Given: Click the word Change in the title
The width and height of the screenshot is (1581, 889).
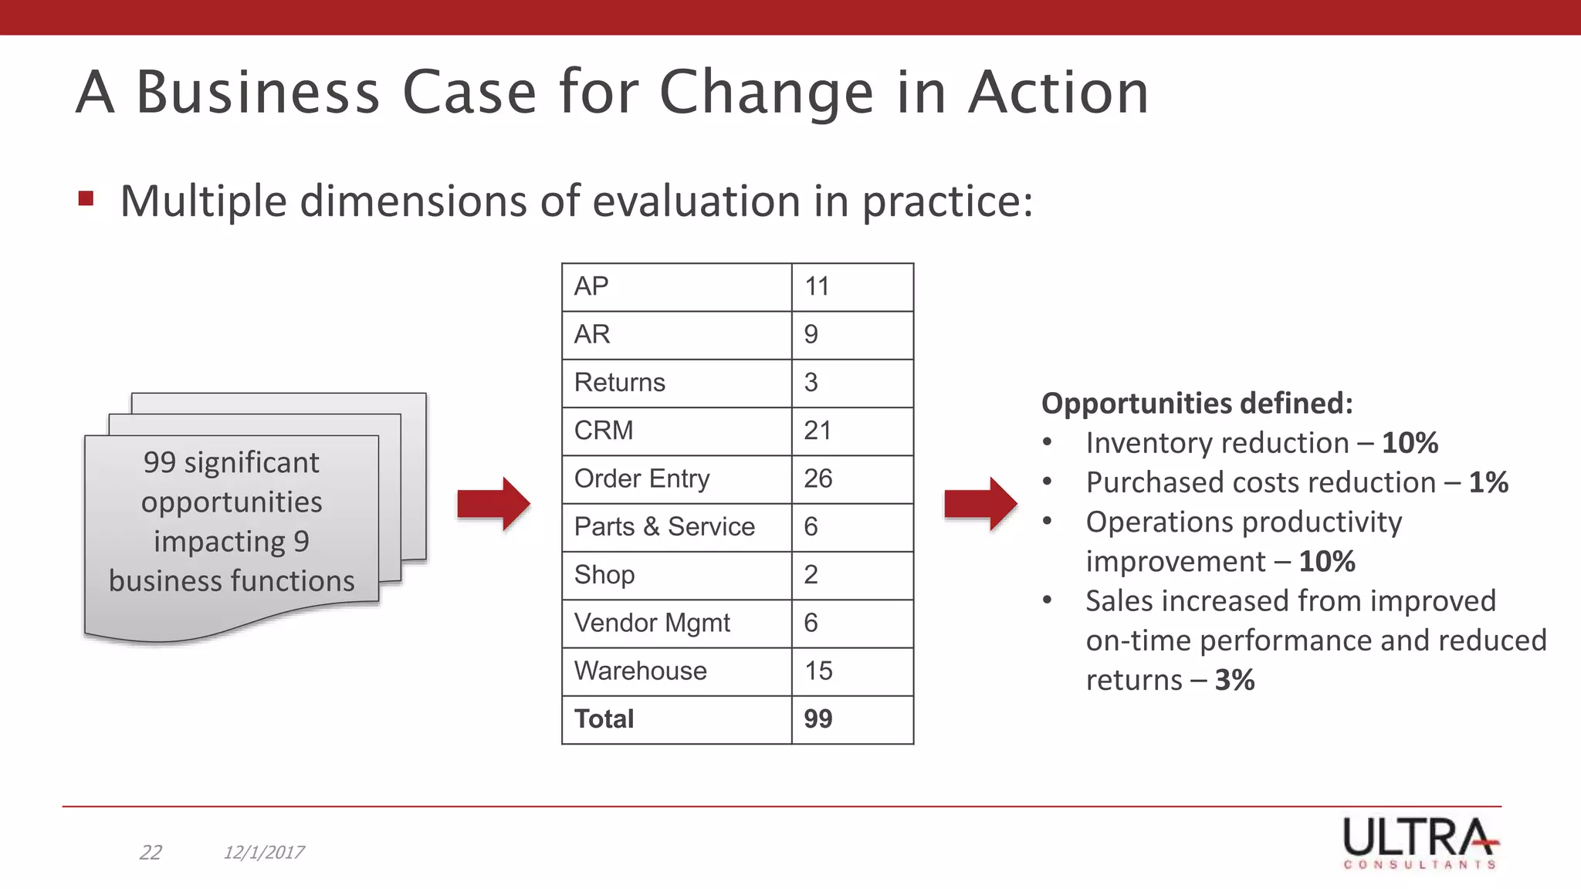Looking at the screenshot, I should tap(766, 93).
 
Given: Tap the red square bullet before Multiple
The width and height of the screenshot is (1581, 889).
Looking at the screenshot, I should tap(86, 199).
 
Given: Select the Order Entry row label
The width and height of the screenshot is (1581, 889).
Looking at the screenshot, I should tap(642, 478).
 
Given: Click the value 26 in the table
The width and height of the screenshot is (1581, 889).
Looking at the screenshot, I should tap(818, 478).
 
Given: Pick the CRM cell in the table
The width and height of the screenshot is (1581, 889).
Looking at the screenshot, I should tap(604, 430).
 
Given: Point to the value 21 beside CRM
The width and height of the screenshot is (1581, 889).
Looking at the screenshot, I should tap(818, 430).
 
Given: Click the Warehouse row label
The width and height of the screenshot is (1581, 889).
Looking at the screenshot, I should tap(640, 671).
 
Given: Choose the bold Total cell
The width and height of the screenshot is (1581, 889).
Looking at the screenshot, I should tap(604, 718).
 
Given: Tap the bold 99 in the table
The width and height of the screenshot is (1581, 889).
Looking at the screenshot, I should tap(818, 718).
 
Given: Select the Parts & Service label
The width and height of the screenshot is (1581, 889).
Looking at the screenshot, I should tap(664, 526).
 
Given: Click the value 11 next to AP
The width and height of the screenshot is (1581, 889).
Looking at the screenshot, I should tap(817, 286).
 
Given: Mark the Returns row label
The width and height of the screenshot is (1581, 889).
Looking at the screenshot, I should tap(619, 382).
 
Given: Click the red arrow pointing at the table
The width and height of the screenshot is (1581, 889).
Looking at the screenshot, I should tap(493, 503).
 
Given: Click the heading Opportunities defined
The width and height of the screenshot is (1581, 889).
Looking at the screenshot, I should tap(1197, 403).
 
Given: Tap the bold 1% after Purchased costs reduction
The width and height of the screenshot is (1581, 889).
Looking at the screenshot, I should tap(1488, 482).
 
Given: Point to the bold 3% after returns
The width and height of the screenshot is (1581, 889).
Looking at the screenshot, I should tap(1234, 680).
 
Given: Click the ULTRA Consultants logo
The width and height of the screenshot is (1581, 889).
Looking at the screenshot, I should tap(1420, 843).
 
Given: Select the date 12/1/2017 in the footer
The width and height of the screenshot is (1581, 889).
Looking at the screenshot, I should tap(263, 852).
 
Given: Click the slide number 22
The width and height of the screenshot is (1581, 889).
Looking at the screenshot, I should tap(151, 852).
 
